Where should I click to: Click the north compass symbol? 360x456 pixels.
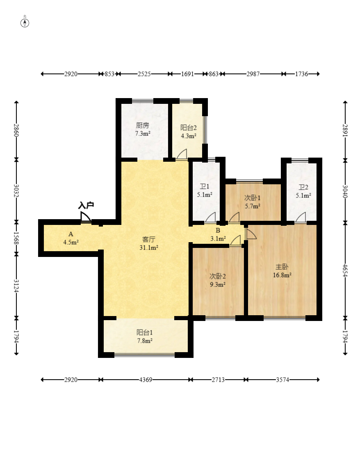25,23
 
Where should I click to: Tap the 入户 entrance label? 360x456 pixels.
86,205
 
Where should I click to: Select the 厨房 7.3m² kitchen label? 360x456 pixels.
143,129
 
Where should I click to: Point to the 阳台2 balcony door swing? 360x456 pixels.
182,154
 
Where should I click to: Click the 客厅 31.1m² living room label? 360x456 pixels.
149,243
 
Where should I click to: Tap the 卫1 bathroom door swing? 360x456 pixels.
210,218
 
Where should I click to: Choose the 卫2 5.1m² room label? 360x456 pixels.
303,191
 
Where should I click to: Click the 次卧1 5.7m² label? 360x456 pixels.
253,202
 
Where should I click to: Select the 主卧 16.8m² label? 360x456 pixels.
282,271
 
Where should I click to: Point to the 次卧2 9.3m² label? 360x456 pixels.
218,280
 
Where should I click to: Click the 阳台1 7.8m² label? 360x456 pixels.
145,337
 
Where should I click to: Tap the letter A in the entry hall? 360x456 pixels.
71,234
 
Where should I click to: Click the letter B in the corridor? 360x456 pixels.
218,231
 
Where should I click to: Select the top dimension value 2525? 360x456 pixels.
144,74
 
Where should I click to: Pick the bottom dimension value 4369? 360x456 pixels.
146,380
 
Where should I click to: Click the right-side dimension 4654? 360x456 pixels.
345,270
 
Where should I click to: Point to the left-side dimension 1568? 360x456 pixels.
16,238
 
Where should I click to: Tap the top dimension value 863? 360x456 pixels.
214,74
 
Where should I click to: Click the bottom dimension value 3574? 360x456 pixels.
283,380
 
